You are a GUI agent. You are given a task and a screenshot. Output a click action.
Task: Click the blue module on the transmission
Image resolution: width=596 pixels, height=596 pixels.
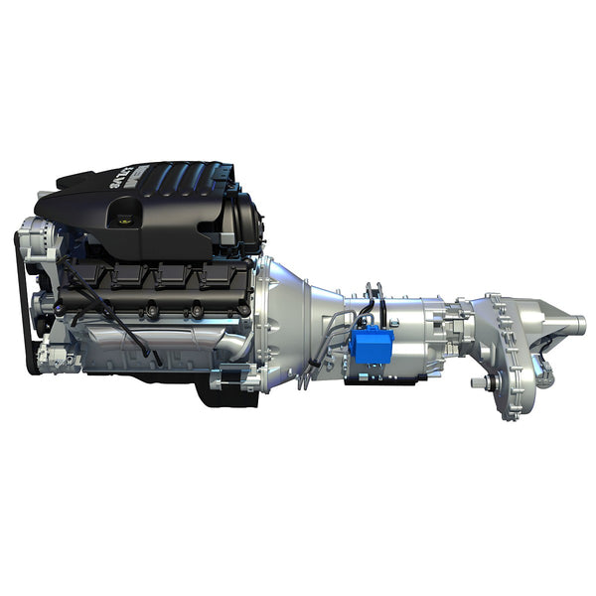[x=371, y=344]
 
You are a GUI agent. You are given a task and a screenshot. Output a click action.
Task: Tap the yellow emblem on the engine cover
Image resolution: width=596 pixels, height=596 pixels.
[x=123, y=222]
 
